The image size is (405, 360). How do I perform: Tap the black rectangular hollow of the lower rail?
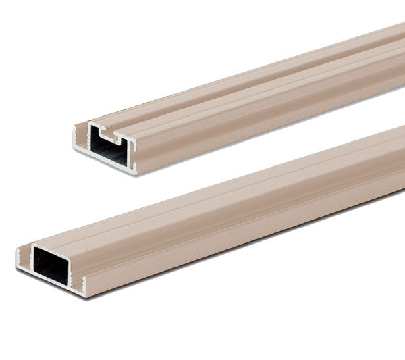coord(52,264)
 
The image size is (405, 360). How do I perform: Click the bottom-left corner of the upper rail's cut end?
coord(75,150)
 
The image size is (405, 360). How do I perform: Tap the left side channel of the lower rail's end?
coord(26,258)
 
